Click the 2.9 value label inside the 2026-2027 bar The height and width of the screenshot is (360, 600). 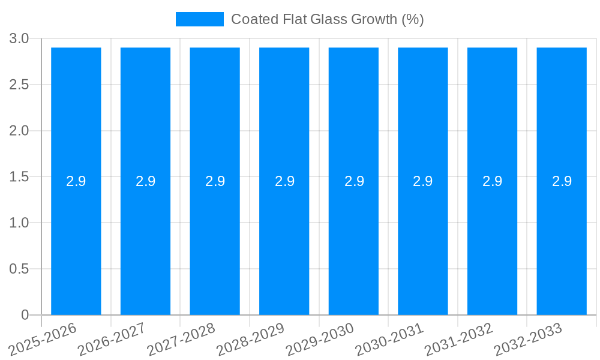(x=145, y=181)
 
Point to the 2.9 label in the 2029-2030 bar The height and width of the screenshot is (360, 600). (x=354, y=181)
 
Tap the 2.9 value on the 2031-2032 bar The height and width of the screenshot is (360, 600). (x=493, y=181)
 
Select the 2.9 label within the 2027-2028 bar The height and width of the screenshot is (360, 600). (x=215, y=181)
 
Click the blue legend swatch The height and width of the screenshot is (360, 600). (x=199, y=19)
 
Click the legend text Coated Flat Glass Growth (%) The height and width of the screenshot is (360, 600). (x=328, y=19)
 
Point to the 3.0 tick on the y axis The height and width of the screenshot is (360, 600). (x=19, y=38)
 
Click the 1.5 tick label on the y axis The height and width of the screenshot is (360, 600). (x=19, y=177)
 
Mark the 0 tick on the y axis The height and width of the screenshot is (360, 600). (x=25, y=315)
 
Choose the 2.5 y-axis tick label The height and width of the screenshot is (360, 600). (x=19, y=85)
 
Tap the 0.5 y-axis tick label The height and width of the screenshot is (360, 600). (x=19, y=269)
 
